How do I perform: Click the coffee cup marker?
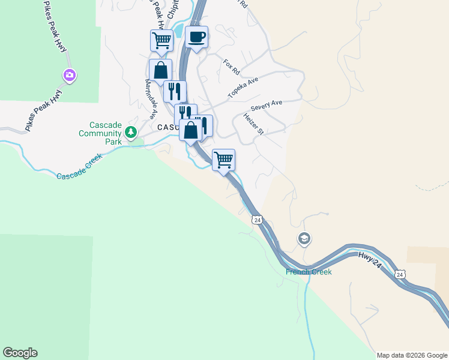197,38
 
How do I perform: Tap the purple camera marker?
70,75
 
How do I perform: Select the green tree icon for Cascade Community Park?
130,131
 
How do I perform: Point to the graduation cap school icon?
304,239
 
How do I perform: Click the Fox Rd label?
231,67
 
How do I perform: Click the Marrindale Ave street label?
151,100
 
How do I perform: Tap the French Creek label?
309,272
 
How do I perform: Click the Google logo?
20,353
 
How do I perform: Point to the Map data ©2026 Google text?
412,355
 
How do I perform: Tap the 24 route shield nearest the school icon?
258,221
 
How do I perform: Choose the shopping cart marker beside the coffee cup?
161,41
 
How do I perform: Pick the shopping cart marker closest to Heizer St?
223,160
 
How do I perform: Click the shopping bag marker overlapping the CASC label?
190,130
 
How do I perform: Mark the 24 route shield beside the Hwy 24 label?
400,274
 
